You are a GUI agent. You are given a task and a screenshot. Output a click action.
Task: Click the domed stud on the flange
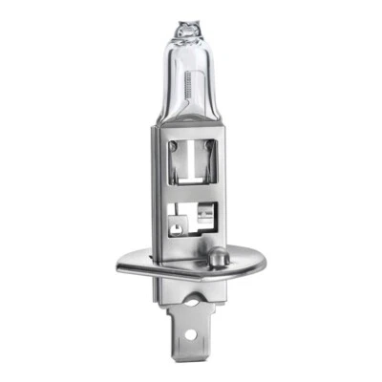tap(219, 257)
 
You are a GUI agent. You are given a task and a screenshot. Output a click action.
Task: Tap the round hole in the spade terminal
tap(198, 339)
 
